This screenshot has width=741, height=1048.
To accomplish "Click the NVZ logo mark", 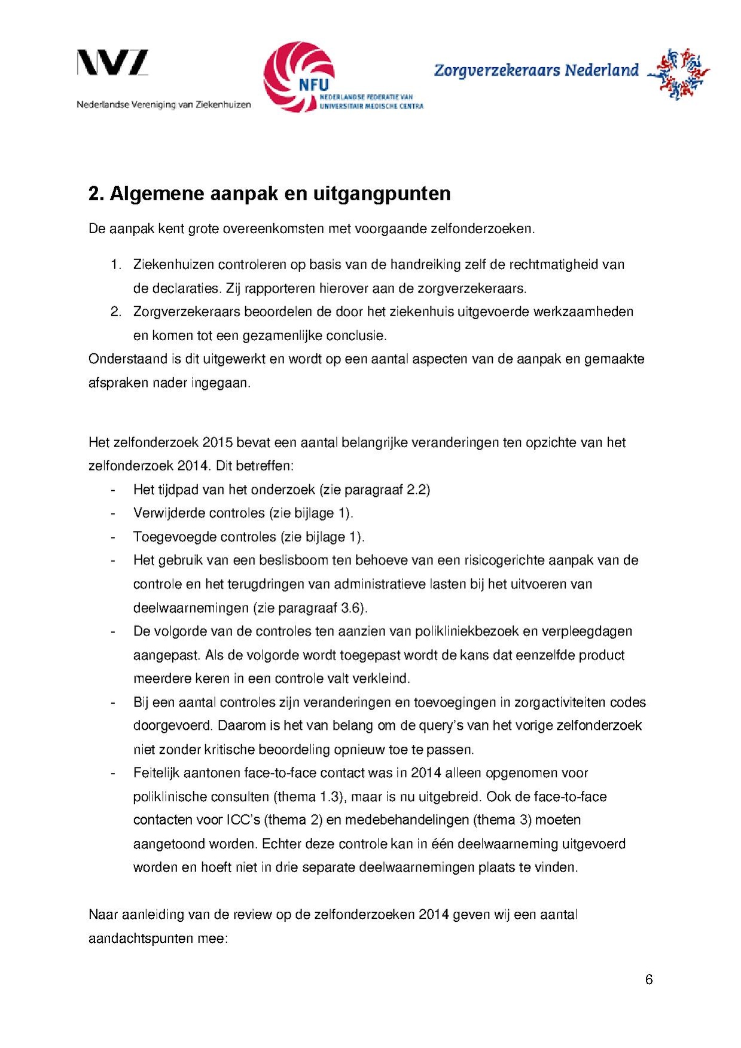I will click(x=112, y=63).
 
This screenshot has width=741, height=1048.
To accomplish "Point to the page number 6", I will click(x=649, y=979).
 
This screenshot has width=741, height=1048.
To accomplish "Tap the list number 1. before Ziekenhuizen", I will click(x=116, y=264).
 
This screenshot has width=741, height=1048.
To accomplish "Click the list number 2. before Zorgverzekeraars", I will click(x=116, y=311).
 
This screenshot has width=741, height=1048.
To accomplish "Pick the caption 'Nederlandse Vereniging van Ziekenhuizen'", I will click(x=163, y=105).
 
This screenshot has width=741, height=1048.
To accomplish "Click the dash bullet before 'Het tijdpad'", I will click(x=112, y=490).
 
